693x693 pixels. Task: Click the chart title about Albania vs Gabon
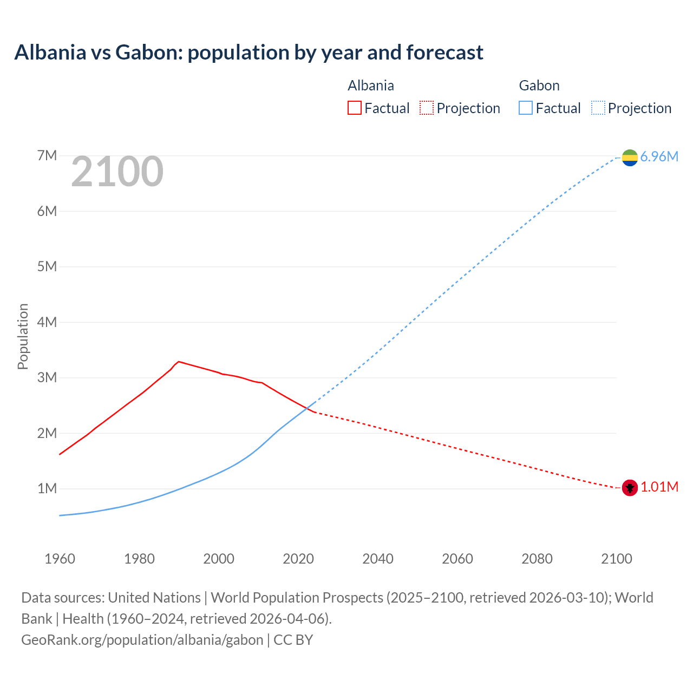[249, 53]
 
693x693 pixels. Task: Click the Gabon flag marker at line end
[630, 158]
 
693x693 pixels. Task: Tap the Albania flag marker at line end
[630, 488]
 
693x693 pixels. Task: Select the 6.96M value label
[659, 156]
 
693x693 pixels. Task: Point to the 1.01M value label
[659, 487]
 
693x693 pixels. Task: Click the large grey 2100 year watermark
[117, 172]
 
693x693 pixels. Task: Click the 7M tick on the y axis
[47, 156]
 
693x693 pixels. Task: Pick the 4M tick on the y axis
[47, 322]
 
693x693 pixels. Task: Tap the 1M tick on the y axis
[47, 488]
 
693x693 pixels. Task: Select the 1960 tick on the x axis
[60, 559]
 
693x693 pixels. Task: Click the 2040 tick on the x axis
[378, 559]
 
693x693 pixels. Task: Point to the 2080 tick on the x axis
[537, 559]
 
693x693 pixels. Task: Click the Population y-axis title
[23, 336]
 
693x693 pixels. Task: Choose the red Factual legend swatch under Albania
[354, 108]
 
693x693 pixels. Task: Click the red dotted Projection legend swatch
[427, 108]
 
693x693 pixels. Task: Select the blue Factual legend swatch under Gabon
[526, 108]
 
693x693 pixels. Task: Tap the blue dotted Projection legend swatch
[598, 108]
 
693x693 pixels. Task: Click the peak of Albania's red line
[179, 362]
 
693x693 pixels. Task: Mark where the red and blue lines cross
[307, 408]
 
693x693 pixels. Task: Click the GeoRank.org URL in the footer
[142, 640]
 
